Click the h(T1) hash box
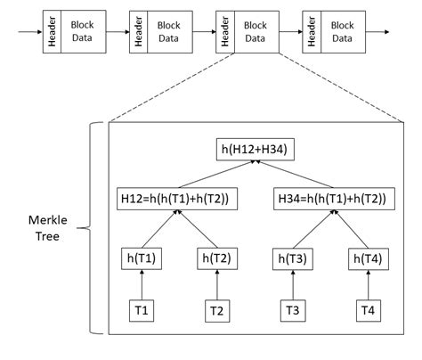(141, 259)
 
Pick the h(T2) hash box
(216, 259)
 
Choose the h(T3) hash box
(292, 259)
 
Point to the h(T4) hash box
(368, 259)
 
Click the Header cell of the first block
(53, 31)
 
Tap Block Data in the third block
(256, 31)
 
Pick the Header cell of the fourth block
(312, 31)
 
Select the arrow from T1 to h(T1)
(141, 285)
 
